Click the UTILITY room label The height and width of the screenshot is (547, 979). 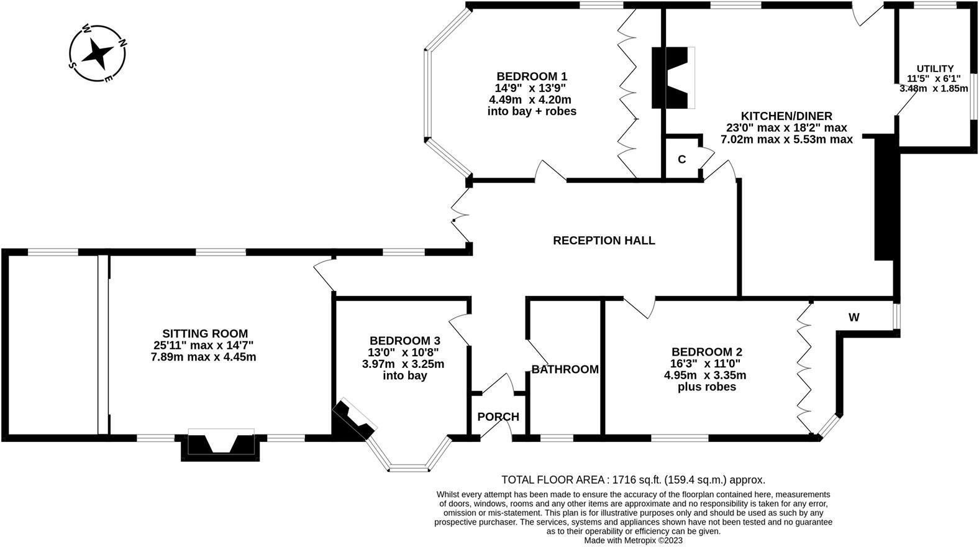coord(934,68)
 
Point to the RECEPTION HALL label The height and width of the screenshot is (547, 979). coord(604,241)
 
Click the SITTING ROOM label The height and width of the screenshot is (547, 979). coord(205,334)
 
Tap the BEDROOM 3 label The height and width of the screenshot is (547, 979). coord(404,341)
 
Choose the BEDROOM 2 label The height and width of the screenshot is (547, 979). coord(706,352)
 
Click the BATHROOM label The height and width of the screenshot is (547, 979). coord(565,369)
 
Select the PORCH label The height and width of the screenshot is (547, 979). coord(498,416)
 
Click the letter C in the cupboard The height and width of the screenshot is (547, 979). coord(681,160)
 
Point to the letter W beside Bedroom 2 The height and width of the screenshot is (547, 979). coord(854,318)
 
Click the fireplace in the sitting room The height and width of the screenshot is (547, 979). coord(221,444)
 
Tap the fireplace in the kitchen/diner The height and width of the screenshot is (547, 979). coord(673,78)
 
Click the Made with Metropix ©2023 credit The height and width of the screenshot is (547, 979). coord(633,540)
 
